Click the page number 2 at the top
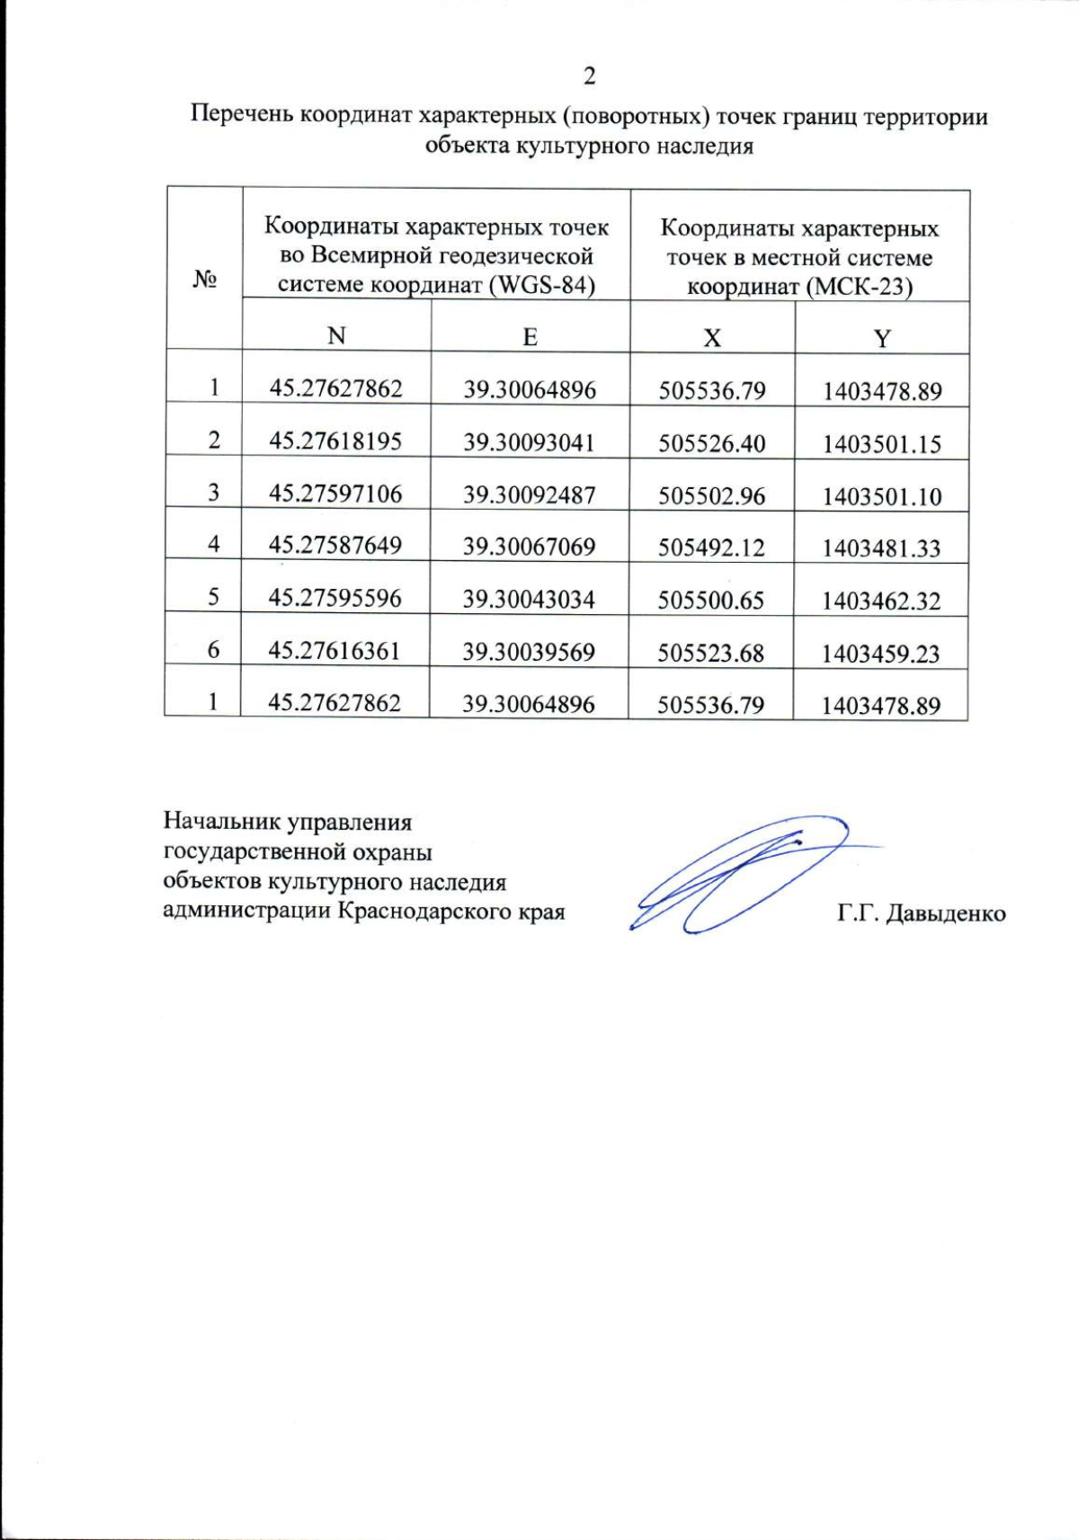pos(589,77)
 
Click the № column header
pos(205,281)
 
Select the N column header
pos(336,336)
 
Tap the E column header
pos(530,337)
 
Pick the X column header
pos(712,339)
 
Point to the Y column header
pos(882,339)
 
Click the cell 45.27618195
pos(335,441)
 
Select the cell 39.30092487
pos(529,494)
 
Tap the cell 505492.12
pos(711,547)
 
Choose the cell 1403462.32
pos(881,601)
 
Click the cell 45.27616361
pos(334,650)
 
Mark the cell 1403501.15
pos(881,444)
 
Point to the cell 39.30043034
pos(529,600)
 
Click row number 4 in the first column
pos(213,544)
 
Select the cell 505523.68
pos(710,653)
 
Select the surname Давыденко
pos(946,913)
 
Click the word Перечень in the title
pos(243,116)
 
